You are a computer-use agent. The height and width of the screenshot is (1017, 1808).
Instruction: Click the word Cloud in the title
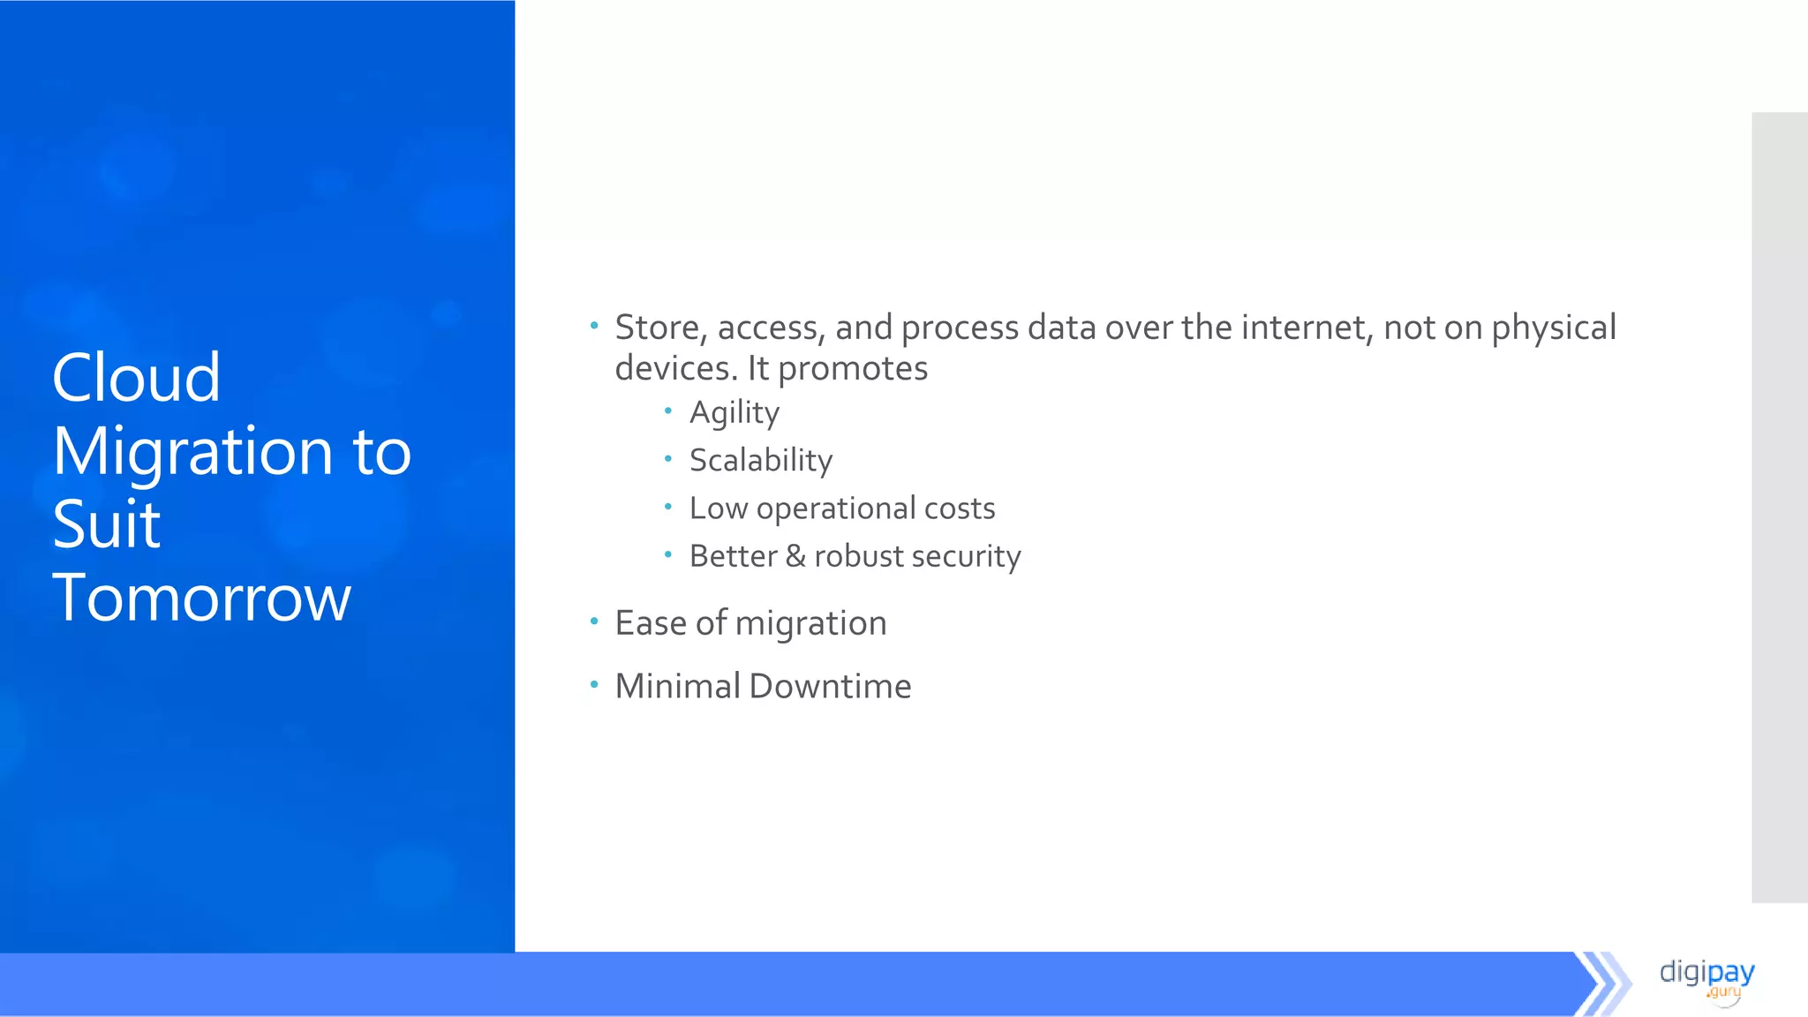tap(136, 378)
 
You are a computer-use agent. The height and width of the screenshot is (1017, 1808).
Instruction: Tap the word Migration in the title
tap(192, 452)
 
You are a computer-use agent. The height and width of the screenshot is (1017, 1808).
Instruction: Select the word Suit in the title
tap(107, 524)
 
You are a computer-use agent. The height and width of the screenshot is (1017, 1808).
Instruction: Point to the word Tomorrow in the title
tap(201, 599)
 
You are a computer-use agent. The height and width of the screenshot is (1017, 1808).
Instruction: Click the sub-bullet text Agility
tap(734, 413)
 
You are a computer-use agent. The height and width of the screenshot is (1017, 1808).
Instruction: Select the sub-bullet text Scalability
tap(761, 461)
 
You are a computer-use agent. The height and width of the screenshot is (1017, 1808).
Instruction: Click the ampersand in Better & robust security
tap(795, 556)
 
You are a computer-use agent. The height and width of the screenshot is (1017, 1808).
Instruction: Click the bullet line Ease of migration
tap(750, 623)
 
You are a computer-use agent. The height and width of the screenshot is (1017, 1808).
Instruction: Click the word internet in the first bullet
tap(1307, 328)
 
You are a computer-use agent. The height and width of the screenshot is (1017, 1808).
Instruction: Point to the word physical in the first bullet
tap(1554, 328)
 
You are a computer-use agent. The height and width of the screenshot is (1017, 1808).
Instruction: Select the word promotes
tap(853, 369)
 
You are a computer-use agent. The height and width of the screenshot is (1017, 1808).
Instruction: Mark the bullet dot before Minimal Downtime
tap(594, 684)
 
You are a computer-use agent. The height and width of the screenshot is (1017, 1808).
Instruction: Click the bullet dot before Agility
tap(668, 411)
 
